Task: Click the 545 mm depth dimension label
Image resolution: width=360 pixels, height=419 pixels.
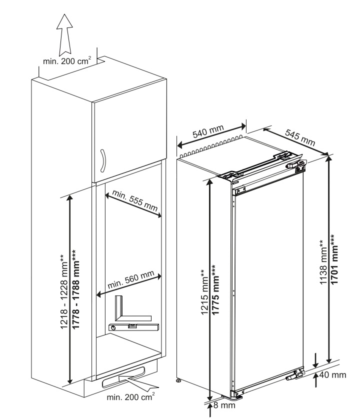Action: point(300,135)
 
